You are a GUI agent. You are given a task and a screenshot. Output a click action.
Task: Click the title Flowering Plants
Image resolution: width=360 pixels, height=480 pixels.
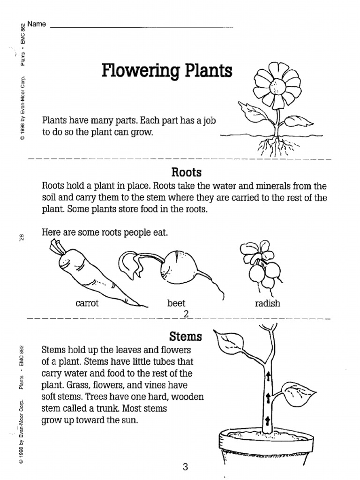point(167,72)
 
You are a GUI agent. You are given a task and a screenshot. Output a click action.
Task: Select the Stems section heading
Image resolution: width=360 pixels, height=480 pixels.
point(186,336)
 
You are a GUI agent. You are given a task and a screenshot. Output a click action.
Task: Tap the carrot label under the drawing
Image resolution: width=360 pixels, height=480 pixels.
point(87,303)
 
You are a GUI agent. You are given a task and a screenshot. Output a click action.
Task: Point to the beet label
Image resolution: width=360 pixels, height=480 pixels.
point(176,303)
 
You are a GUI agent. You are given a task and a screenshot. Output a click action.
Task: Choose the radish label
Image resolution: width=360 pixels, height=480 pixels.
point(267,303)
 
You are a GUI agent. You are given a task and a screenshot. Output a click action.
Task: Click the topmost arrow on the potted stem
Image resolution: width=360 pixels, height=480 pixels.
point(269,376)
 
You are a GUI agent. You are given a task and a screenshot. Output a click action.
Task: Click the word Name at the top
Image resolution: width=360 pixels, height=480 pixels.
point(37,24)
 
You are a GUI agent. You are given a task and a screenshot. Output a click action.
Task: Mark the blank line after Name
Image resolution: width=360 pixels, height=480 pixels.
point(141,27)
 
